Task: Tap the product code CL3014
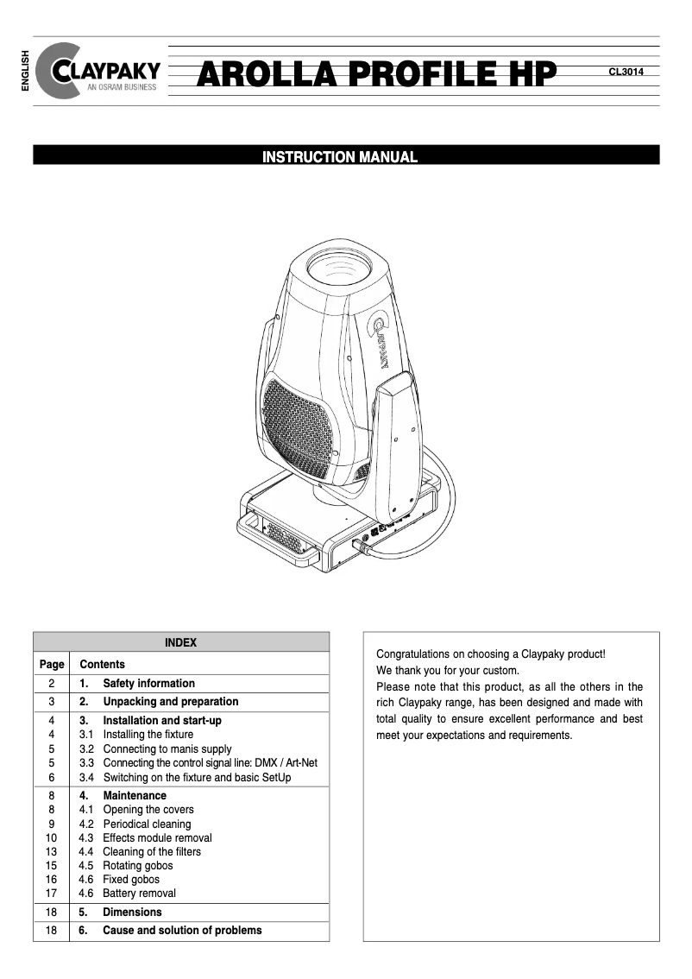pos(626,73)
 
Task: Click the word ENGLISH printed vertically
pos(25,71)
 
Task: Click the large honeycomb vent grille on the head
pos(297,428)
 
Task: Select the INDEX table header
pos(180,642)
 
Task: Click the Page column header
pos(52,665)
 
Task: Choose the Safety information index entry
pos(148,683)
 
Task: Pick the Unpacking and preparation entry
pos(170,702)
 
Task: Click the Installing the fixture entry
pos(148,735)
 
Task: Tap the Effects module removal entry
pos(157,837)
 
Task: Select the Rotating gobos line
pos(137,865)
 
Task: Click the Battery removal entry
pos(139,894)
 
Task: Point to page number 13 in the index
pos(52,851)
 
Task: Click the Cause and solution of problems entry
pos(182,931)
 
